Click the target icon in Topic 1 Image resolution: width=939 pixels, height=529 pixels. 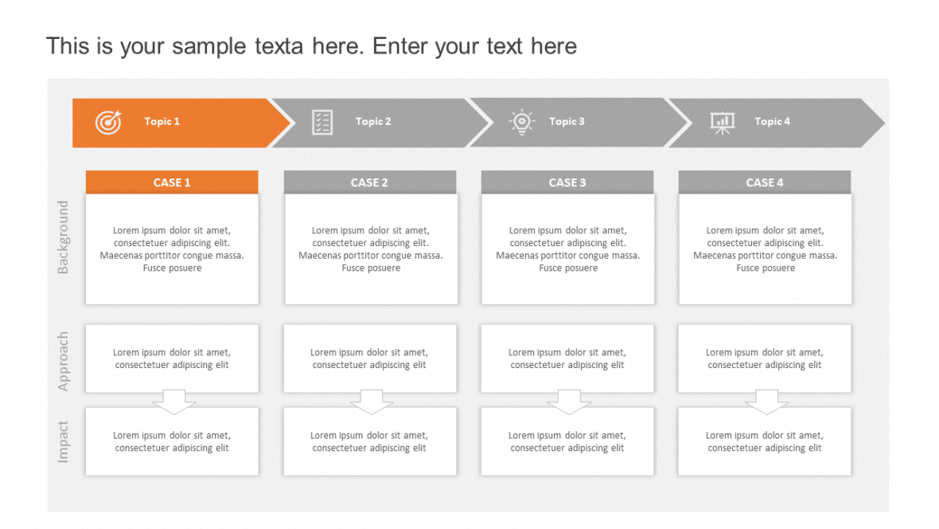click(108, 122)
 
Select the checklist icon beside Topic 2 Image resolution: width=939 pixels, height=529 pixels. click(322, 122)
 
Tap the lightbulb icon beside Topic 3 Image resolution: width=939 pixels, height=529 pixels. click(521, 122)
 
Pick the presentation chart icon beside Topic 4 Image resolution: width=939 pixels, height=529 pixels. click(722, 122)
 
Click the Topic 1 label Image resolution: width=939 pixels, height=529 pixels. click(162, 122)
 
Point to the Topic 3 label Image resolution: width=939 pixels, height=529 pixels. click(567, 122)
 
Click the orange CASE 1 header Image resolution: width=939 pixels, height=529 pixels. click(172, 182)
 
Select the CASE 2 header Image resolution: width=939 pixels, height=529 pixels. click(370, 182)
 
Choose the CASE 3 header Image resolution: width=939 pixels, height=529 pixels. click(567, 182)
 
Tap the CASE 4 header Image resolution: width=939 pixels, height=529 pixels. click(765, 182)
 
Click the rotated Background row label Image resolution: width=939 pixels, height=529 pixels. click(64, 237)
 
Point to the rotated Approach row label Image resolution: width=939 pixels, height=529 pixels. click(64, 361)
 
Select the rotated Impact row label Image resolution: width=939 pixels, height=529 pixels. click(64, 441)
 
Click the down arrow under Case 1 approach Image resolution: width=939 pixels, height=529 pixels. click(174, 402)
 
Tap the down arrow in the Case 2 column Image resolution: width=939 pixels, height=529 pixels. click(372, 402)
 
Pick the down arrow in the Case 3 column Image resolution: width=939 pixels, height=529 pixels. click(569, 402)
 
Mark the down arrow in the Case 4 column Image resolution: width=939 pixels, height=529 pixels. click(767, 402)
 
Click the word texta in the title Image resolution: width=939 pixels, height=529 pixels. click(279, 46)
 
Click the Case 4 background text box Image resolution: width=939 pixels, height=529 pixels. click(765, 249)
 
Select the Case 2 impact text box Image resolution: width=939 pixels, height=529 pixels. click(370, 442)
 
